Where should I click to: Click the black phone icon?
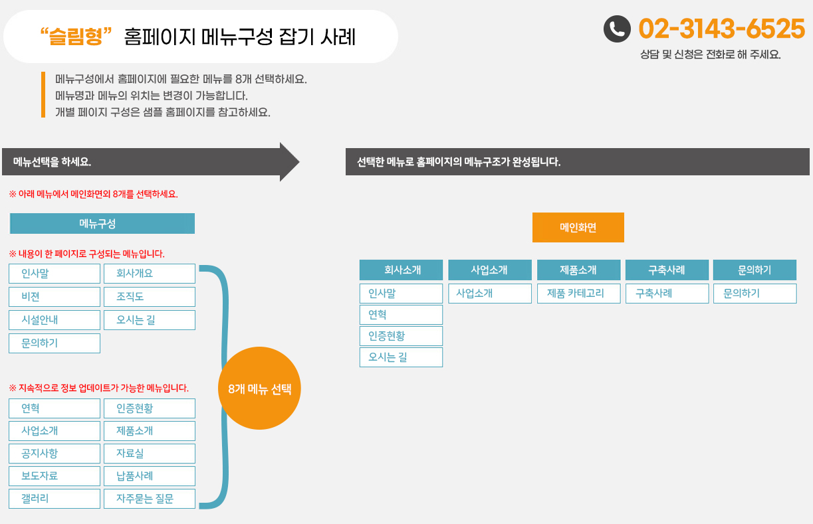pyautogui.click(x=617, y=29)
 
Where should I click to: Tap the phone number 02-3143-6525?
pyautogui.click(x=721, y=29)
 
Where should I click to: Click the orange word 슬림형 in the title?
pyautogui.click(x=76, y=37)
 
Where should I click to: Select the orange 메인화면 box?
pyautogui.click(x=578, y=227)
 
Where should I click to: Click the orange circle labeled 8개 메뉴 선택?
pyautogui.click(x=259, y=389)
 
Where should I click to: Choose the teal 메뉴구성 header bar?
pyautogui.click(x=102, y=223)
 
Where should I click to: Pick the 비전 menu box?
pyautogui.click(x=55, y=297)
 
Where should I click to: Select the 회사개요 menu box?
pyautogui.click(x=150, y=274)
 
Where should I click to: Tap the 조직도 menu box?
pyautogui.click(x=150, y=297)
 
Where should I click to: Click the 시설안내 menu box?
pyautogui.click(x=55, y=320)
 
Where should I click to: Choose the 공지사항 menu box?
pyautogui.click(x=55, y=454)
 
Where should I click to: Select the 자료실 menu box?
pyautogui.click(x=150, y=454)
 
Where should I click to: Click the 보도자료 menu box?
pyautogui.click(x=55, y=476)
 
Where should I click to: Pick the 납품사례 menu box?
pyautogui.click(x=150, y=476)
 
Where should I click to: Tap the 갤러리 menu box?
pyautogui.click(x=55, y=499)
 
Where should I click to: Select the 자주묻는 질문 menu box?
pyautogui.click(x=150, y=499)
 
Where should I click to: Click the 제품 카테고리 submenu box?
pyautogui.click(x=578, y=294)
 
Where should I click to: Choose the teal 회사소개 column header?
pyautogui.click(x=401, y=270)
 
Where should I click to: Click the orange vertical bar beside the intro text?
pyautogui.click(x=43, y=95)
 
